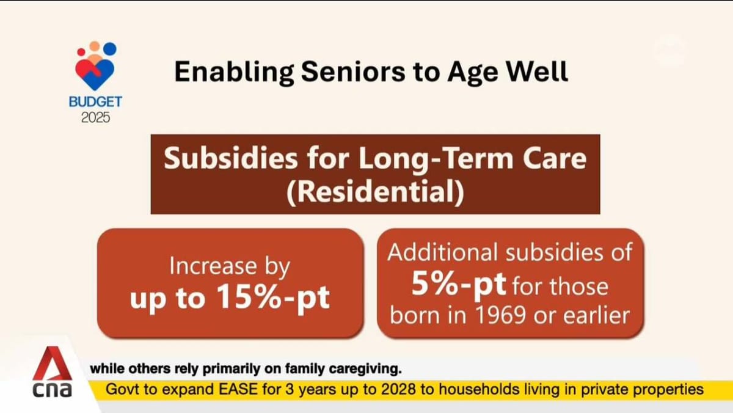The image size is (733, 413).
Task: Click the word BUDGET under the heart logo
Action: pos(95,101)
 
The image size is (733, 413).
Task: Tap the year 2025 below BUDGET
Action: pos(95,117)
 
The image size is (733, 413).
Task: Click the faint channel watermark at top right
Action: pos(676,52)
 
